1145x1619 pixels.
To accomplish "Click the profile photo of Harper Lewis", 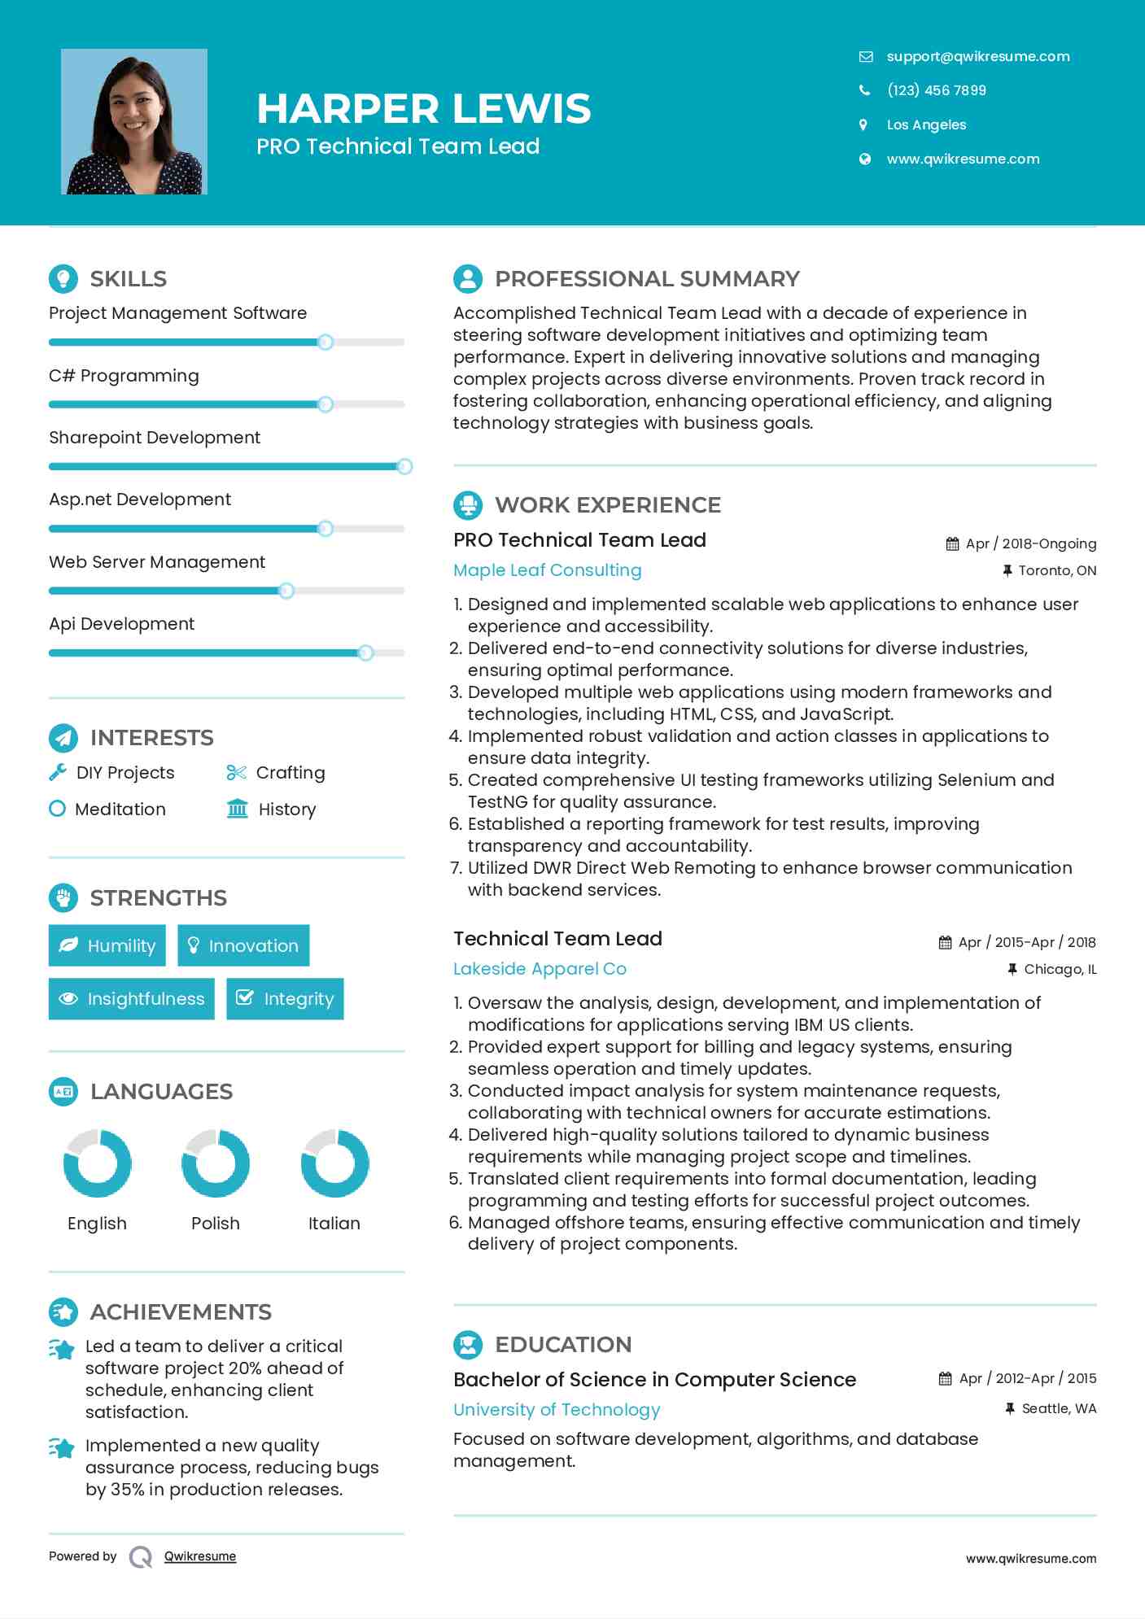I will click(x=134, y=122).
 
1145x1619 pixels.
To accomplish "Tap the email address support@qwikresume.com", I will click(x=977, y=56).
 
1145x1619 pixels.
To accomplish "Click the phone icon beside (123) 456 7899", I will click(x=864, y=90).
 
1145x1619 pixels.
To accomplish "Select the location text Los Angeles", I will click(x=926, y=124).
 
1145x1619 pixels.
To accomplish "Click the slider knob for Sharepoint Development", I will click(x=404, y=466).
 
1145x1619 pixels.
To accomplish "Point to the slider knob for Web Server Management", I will click(x=286, y=591).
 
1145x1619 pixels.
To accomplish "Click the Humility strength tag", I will click(x=107, y=945).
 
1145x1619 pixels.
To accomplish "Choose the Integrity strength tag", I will click(x=285, y=998).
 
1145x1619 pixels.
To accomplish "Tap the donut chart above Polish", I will click(x=216, y=1163).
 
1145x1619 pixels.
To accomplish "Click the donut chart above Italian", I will click(x=334, y=1163).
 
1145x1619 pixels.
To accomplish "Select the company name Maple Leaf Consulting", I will click(x=547, y=570).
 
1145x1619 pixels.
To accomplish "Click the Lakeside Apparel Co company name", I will click(x=540, y=969).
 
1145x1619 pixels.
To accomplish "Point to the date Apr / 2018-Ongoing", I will click(x=1030, y=543).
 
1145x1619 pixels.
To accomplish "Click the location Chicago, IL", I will click(x=1060, y=969).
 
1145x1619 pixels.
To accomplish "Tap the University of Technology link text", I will click(x=557, y=1410).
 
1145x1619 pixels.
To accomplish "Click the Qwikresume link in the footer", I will click(x=200, y=1556).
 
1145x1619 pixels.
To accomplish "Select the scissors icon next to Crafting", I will click(x=236, y=773).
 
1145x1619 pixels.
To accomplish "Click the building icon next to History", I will click(x=237, y=809).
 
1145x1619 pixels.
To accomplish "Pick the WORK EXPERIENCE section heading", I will click(x=607, y=505).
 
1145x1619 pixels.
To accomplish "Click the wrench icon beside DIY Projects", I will click(x=58, y=773).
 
